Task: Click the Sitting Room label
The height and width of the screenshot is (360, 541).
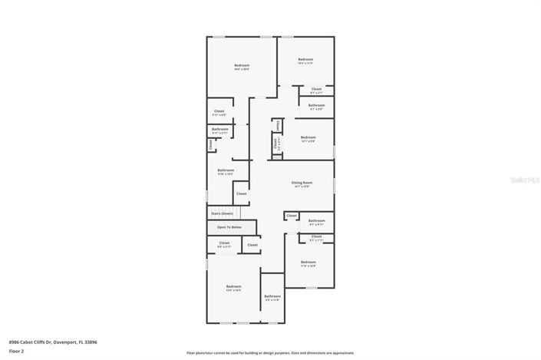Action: point(301,183)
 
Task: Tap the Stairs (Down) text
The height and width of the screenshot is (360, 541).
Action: point(221,213)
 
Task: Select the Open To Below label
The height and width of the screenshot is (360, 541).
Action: point(229,227)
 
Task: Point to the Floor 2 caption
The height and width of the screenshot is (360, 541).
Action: point(16,350)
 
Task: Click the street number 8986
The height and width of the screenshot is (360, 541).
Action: point(15,342)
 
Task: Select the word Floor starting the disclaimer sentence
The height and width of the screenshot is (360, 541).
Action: point(191,353)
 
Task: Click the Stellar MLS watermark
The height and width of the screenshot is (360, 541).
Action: point(525,179)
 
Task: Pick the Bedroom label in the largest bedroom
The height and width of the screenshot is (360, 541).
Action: point(242,65)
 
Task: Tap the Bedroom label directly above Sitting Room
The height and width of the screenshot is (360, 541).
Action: point(308,137)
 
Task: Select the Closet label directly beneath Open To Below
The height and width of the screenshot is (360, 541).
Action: point(224,243)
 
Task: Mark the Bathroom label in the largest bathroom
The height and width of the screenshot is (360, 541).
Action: point(226,170)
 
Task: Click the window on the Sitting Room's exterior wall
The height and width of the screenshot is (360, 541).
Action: point(335,184)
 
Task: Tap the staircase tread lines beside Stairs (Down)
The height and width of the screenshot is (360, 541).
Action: point(238,213)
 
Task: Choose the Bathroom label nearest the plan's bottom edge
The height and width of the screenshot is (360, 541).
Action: point(272,296)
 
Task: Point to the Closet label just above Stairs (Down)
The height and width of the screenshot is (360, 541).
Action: point(241,193)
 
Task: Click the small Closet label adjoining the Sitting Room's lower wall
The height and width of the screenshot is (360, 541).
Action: point(292,216)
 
